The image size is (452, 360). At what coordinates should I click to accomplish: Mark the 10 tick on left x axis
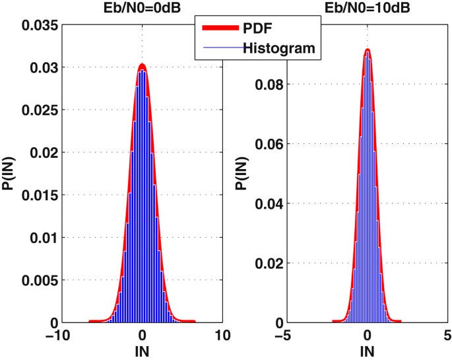224,335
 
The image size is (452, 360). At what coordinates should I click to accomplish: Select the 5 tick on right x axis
447,335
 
